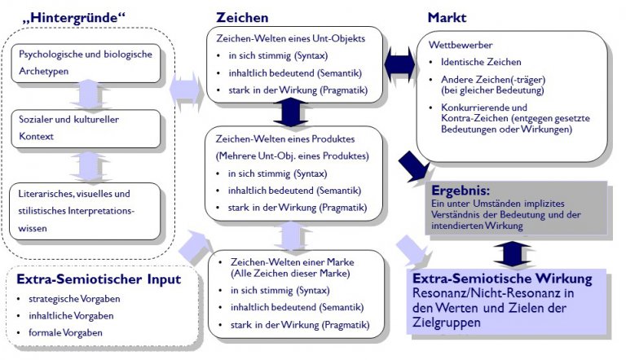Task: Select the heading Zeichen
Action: tap(242, 17)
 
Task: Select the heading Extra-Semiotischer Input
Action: tap(99, 279)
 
